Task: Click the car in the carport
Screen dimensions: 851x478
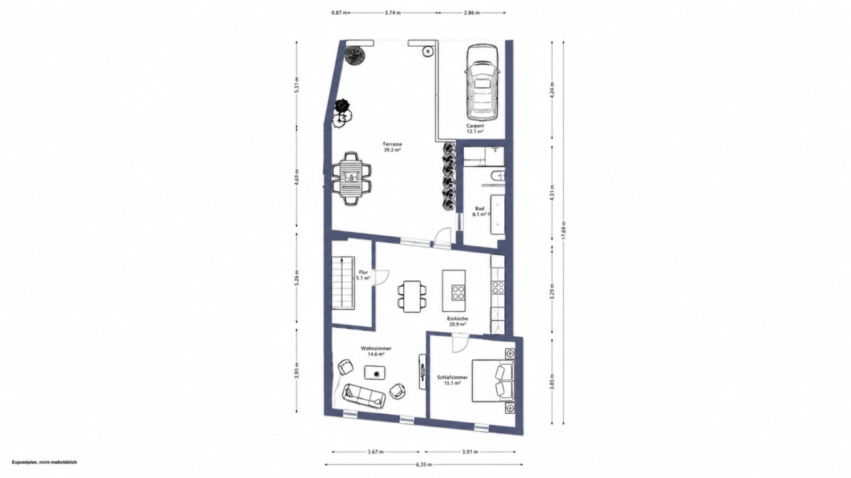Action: tap(481, 82)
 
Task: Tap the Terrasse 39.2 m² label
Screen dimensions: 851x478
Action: tap(392, 147)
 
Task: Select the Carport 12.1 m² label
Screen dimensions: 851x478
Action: tap(475, 129)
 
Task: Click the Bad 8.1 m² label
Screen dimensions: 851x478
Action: tap(479, 211)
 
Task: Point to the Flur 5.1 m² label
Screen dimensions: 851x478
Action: tap(363, 275)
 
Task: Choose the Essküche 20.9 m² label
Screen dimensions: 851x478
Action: tap(457, 322)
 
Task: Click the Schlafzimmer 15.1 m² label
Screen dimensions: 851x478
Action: tap(452, 380)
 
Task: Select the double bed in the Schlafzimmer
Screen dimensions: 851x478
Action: tap(493, 380)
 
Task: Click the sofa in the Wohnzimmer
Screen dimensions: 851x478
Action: tap(364, 396)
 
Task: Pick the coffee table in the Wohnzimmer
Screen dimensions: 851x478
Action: tap(376, 372)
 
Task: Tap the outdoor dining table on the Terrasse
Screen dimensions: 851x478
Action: tap(352, 178)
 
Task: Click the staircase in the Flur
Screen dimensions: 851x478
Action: tap(78, 283)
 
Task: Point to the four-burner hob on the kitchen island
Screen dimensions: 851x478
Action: tap(458, 292)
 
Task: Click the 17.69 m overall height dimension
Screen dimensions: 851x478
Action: tap(563, 231)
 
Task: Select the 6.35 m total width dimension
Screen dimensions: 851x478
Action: tap(423, 464)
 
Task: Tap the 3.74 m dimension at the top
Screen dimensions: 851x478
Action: tap(393, 13)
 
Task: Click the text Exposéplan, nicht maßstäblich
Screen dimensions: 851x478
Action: tap(44, 462)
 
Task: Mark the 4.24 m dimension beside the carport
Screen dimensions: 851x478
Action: tap(552, 90)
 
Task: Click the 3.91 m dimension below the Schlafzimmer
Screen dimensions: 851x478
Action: tap(470, 452)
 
